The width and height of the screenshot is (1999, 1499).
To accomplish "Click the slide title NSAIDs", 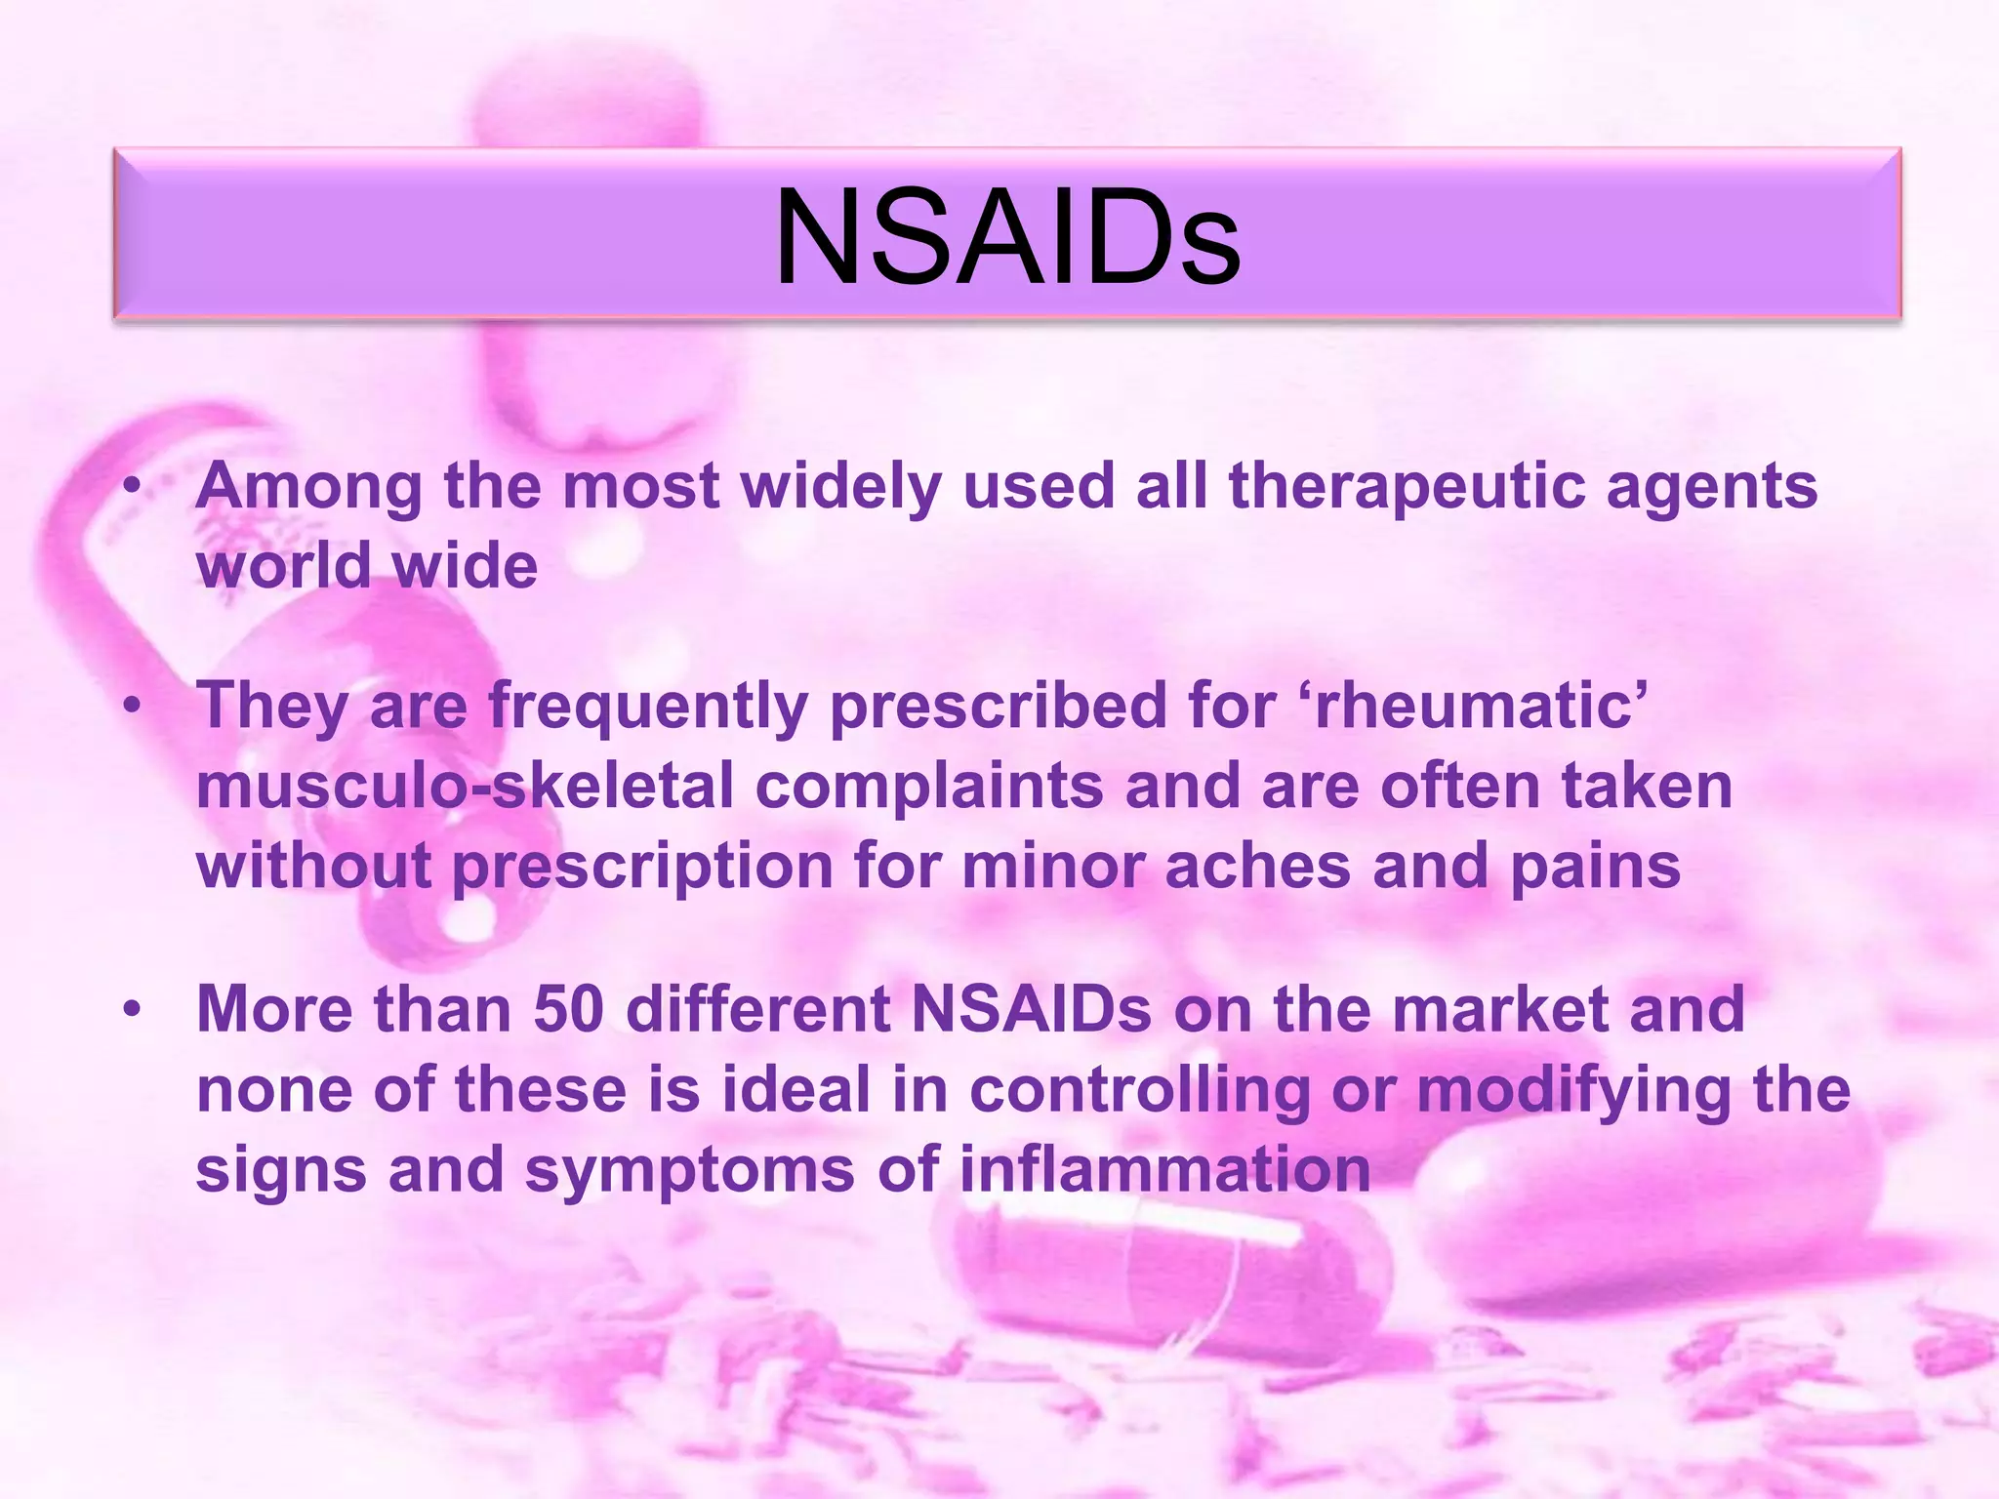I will click(1007, 237).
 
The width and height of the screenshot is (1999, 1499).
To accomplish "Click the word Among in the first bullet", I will click(308, 486).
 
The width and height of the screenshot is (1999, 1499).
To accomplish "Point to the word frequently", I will click(648, 707).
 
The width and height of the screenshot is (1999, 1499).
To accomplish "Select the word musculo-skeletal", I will click(465, 787).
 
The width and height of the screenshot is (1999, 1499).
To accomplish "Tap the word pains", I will click(1596, 867).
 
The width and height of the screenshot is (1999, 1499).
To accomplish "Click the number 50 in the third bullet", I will click(569, 1009).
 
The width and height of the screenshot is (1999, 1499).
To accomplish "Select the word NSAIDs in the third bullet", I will click(1032, 1009).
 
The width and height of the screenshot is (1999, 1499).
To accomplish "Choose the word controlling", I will click(1140, 1089).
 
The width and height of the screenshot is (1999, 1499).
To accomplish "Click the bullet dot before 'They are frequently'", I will click(133, 706).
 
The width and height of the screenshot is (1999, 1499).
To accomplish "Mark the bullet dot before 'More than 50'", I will click(133, 1009).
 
